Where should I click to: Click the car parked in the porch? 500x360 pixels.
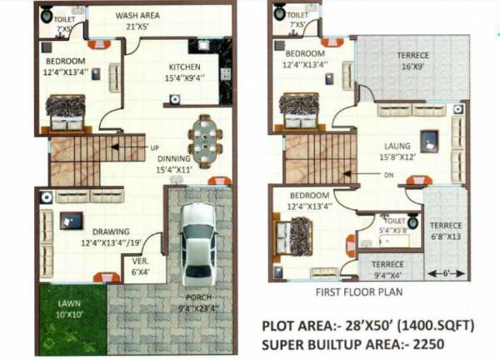coord(197,243)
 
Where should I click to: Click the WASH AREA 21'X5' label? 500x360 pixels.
coord(138,20)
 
